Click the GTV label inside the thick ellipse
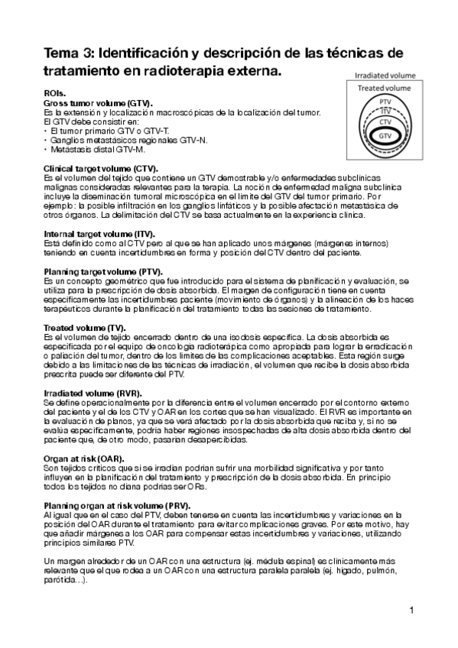click(x=386, y=135)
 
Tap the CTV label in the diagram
click(x=386, y=121)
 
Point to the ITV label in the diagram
click(x=386, y=111)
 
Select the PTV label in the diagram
click(x=386, y=101)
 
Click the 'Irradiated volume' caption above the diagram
click(x=385, y=76)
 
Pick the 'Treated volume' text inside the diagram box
click(x=385, y=89)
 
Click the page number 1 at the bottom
click(x=411, y=610)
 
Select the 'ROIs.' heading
click(x=56, y=93)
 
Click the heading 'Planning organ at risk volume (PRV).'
click(x=117, y=506)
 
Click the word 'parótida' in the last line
click(x=60, y=580)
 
